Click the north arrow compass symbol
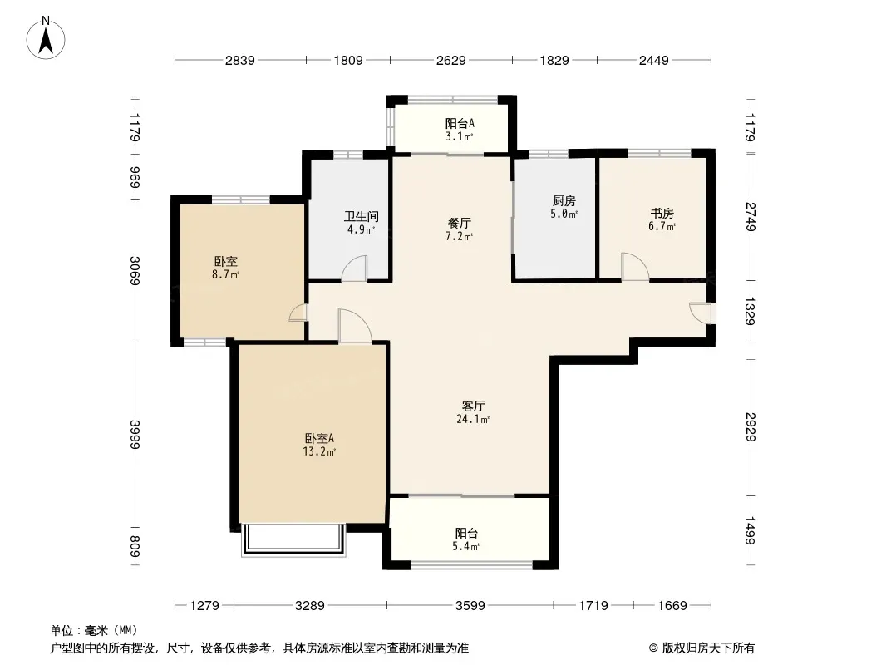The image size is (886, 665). [x=46, y=38]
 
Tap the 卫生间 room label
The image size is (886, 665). [x=361, y=216]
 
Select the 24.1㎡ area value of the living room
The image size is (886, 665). [x=472, y=419]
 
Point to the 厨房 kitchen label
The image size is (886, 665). [x=564, y=200]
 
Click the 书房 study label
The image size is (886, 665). [x=662, y=214]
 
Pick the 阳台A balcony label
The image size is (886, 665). [x=460, y=123]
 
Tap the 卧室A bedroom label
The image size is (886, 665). [x=319, y=438]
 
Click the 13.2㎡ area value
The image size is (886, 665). [x=319, y=452]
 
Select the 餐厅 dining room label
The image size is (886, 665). [x=460, y=223]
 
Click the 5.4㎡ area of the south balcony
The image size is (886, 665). [x=465, y=546]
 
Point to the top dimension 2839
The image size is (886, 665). [x=240, y=60]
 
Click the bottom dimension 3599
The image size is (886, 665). [x=470, y=606]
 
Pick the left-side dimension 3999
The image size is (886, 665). [x=135, y=434]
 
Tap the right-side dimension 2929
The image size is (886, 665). [x=751, y=427]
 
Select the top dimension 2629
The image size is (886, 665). [x=451, y=60]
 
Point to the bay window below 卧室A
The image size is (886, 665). [x=293, y=540]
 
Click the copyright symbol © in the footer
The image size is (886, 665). [x=653, y=648]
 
